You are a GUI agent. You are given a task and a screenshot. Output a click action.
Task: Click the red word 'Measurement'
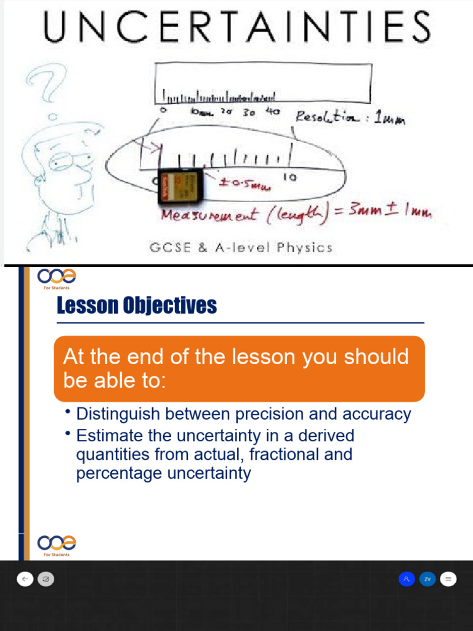tap(203, 215)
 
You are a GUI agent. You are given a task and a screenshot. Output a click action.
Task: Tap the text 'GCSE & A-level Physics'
tap(241, 248)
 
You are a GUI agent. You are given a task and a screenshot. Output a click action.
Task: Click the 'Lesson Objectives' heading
tap(137, 305)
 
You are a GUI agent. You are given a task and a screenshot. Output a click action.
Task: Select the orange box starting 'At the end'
tap(239, 368)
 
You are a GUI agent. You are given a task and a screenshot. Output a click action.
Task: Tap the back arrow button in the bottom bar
tap(25, 579)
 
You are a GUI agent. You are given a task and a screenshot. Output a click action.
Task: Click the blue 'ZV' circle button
tap(427, 579)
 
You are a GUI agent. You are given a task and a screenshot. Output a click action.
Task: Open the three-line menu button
tap(448, 579)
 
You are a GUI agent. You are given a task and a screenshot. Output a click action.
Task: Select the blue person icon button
tap(406, 579)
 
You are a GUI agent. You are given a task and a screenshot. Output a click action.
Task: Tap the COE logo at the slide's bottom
tap(56, 543)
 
